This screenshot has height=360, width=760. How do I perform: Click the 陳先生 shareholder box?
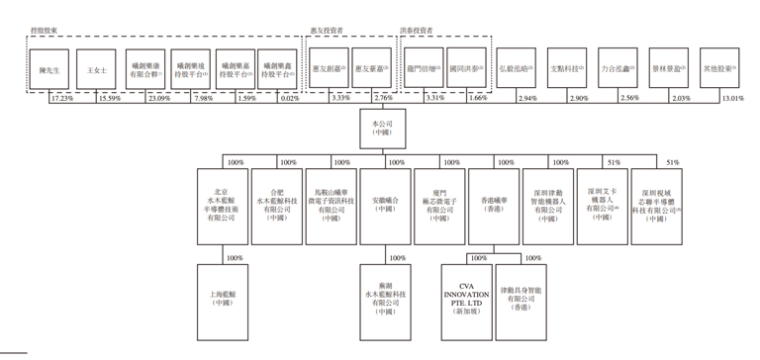point(49,69)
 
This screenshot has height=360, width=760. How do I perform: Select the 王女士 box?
point(96,69)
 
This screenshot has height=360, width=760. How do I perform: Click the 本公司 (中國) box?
point(382,127)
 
